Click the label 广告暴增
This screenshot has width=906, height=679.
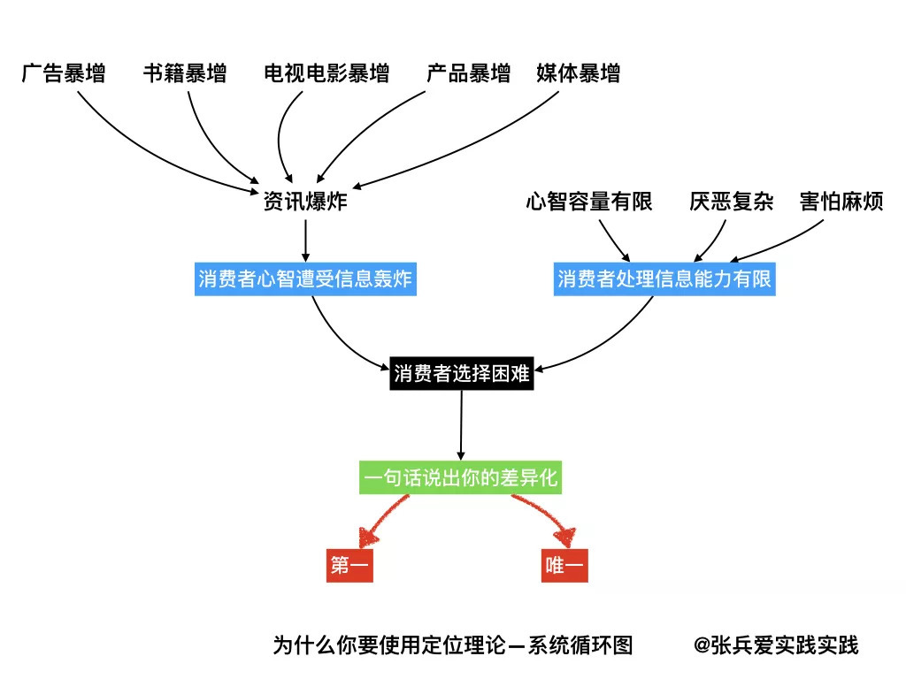pyautogui.click(x=63, y=73)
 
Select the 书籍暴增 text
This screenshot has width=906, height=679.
pyautogui.click(x=184, y=73)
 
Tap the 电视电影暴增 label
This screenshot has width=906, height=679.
pyautogui.click(x=326, y=73)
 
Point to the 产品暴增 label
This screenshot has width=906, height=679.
pyautogui.click(x=468, y=73)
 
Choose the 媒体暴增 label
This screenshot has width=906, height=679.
pyautogui.click(x=578, y=73)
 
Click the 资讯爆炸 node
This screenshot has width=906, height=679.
pyautogui.click(x=305, y=202)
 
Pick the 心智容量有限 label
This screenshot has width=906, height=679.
pyautogui.click(x=588, y=202)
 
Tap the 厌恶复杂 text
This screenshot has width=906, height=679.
pyautogui.click(x=731, y=202)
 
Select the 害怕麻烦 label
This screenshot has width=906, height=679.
pyautogui.click(x=841, y=202)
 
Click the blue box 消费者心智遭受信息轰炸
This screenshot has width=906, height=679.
pyautogui.click(x=306, y=279)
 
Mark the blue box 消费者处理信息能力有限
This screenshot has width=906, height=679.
pyautogui.click(x=664, y=279)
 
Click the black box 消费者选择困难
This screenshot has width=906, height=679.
pyautogui.click(x=461, y=374)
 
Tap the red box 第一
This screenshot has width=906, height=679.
pyautogui.click(x=349, y=566)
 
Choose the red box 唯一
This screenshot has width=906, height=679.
pyautogui.click(x=565, y=566)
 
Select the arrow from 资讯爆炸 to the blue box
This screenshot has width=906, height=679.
pyautogui.click(x=305, y=238)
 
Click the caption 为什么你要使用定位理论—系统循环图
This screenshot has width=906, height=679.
pyautogui.click(x=453, y=645)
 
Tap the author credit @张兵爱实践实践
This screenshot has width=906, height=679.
pyautogui.click(x=776, y=645)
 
